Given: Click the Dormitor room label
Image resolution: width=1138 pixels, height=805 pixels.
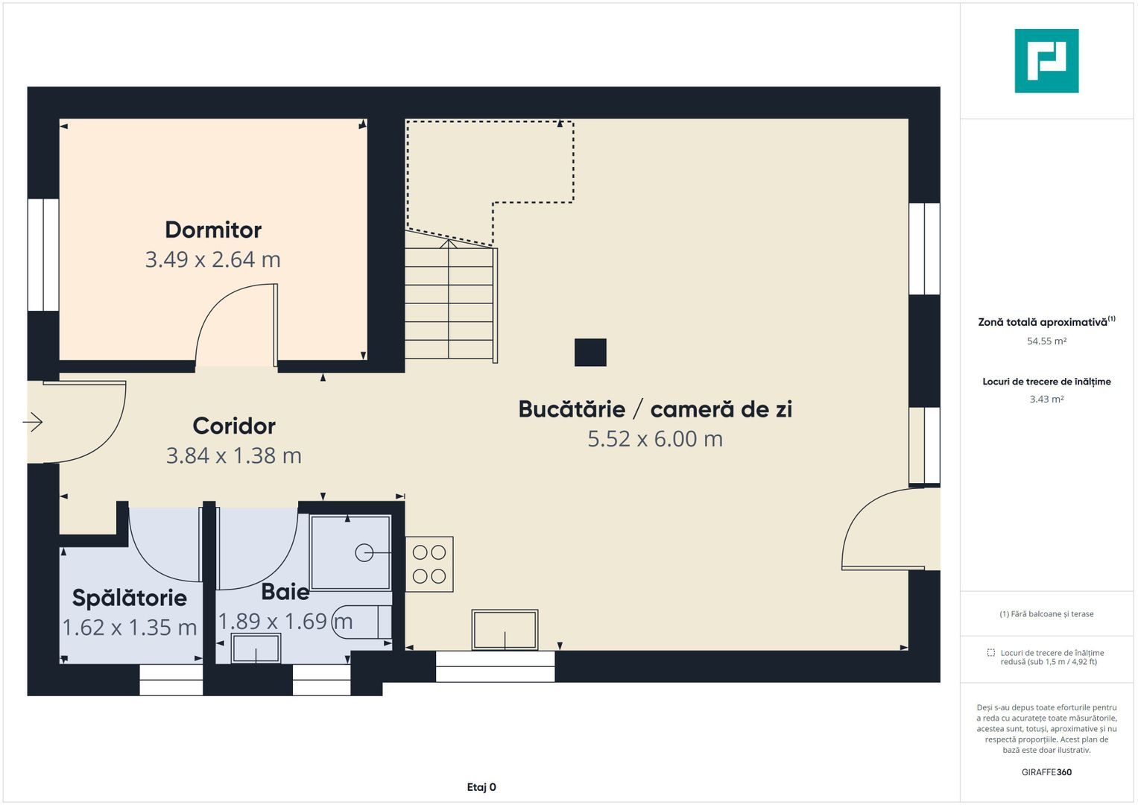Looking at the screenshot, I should pyautogui.click(x=213, y=230).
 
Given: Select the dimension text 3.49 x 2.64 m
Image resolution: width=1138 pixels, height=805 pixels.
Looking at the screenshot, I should pyautogui.click(x=212, y=259).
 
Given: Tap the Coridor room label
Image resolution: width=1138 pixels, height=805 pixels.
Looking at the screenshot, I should pyautogui.click(x=234, y=426).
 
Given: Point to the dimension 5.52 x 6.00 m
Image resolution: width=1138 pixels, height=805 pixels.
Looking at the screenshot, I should pyautogui.click(x=655, y=439).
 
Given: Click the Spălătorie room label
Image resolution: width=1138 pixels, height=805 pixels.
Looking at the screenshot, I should pyautogui.click(x=130, y=598).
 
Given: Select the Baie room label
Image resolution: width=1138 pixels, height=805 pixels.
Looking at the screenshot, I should pyautogui.click(x=285, y=592).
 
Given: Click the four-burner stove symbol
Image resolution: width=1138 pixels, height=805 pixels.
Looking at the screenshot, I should pyautogui.click(x=429, y=564).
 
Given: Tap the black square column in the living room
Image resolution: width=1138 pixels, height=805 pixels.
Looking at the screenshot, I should pyautogui.click(x=590, y=353).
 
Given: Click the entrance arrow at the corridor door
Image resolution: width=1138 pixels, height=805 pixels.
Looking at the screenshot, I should pyautogui.click(x=33, y=422).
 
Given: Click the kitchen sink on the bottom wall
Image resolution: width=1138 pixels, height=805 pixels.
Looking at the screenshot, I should pyautogui.click(x=505, y=630).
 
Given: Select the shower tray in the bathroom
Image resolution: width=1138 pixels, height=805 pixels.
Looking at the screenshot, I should pyautogui.click(x=350, y=552).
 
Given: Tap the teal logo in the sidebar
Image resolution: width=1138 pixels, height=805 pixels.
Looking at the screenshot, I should pyautogui.click(x=1046, y=61).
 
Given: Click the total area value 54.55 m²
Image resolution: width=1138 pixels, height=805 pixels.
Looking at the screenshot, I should pyautogui.click(x=1046, y=341).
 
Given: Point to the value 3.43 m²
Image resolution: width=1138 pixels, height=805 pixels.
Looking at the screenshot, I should pyautogui.click(x=1046, y=400).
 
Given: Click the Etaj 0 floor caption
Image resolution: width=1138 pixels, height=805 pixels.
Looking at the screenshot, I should pyautogui.click(x=481, y=787).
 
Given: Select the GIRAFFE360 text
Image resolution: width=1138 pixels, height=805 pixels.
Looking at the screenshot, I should pyautogui.click(x=1046, y=772).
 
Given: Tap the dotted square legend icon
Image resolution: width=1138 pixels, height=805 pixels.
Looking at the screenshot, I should pyautogui.click(x=990, y=653).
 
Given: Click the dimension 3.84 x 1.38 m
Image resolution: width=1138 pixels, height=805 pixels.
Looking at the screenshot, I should pyautogui.click(x=234, y=455).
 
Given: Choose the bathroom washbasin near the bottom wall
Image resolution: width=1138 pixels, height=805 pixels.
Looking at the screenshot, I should pyautogui.click(x=256, y=649).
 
